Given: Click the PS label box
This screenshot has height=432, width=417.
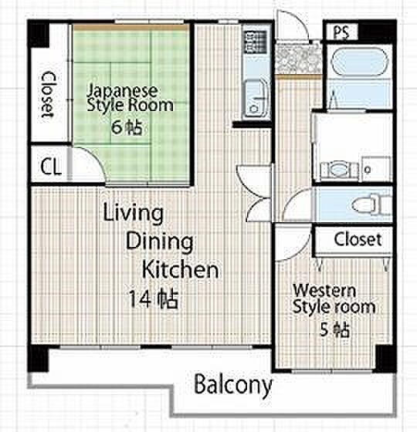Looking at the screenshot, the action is coord(341,32).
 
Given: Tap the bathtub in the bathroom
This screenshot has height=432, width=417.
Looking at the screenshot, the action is coord(359,62).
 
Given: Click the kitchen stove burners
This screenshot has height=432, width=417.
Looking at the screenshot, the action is coord(255,42).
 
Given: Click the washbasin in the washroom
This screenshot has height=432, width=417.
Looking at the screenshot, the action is coord(339,170).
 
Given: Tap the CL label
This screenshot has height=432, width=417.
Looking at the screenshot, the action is coord(50,167).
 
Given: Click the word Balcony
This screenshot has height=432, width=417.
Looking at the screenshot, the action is coord(232,385).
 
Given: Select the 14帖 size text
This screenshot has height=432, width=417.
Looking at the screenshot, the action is coord(154,299).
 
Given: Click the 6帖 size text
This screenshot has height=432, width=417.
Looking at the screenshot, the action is coord(127,127).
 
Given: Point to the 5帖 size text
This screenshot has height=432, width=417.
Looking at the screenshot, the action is coord(334,329).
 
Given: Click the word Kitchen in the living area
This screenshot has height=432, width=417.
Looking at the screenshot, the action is coord(181,269).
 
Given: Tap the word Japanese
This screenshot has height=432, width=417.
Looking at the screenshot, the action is coord(123,90).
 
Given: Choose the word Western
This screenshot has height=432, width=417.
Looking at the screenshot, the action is coord(324,290).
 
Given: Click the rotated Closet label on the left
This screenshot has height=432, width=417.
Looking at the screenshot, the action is coord(47,95).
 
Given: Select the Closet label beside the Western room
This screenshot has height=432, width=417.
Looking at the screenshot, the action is coord(358,239).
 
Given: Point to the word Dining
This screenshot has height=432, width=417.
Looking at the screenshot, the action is coord(159,241).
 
